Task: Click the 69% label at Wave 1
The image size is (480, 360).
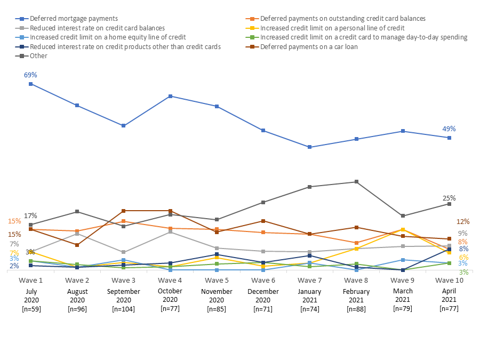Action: coord(30,75)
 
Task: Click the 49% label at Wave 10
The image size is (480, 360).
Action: coord(449,129)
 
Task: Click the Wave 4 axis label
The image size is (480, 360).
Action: coord(170,280)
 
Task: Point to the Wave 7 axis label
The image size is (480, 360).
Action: coord(309,280)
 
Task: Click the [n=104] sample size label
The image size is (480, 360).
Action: coord(124,309)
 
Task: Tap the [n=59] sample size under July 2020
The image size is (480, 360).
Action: coord(30,309)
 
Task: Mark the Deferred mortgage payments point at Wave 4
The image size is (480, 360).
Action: coord(170,96)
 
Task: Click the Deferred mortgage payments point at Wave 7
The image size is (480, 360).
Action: coord(309,147)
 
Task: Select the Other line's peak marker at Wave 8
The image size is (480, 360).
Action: coord(356,182)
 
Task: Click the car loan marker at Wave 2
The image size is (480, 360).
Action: coord(77,245)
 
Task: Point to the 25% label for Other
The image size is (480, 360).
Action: coord(449,198)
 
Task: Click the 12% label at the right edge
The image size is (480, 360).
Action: coord(462,221)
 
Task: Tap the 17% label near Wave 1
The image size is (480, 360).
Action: coord(30,215)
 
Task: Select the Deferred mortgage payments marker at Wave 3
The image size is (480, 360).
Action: coord(124,126)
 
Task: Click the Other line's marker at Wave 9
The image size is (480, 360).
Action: coord(403,216)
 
